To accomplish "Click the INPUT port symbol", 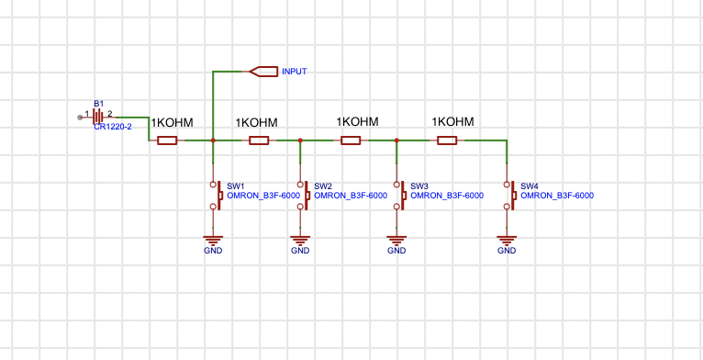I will (x=263, y=71).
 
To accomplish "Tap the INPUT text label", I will (x=295, y=71).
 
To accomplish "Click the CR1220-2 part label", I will (x=113, y=127).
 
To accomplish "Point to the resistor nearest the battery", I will (x=167, y=141).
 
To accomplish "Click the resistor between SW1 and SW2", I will (x=259, y=141).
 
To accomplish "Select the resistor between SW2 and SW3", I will (x=351, y=141).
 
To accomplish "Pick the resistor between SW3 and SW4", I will (x=447, y=141).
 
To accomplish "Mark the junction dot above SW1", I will (x=213, y=141).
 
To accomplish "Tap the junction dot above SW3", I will (x=396, y=141).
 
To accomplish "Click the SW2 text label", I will (x=322, y=186).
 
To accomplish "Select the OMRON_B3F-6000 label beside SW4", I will (x=557, y=196).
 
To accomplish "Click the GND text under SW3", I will (x=396, y=251).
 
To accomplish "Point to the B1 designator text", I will (x=99, y=104).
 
